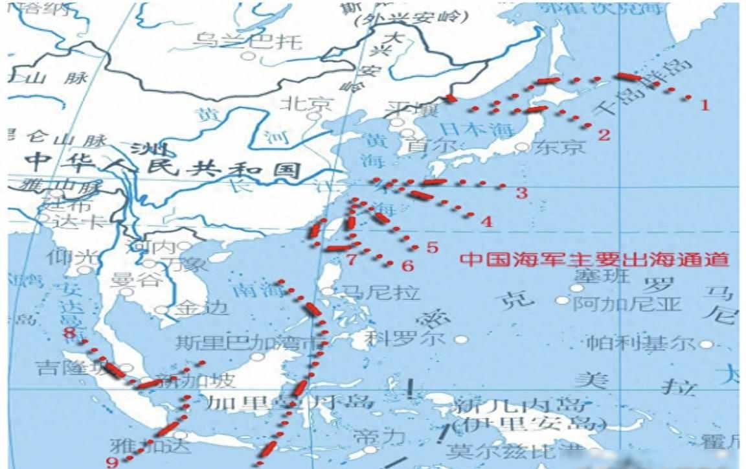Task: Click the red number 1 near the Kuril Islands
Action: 705,104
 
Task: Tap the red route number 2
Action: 604,135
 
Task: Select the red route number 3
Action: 521,192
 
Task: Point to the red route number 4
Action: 486,222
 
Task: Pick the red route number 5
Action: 432,247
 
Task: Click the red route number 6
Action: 407,265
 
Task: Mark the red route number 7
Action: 352,260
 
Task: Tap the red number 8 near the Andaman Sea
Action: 69,333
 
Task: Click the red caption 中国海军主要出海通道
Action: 594,260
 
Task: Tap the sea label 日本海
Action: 470,128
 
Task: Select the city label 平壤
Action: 409,108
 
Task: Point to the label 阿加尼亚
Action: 627,303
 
